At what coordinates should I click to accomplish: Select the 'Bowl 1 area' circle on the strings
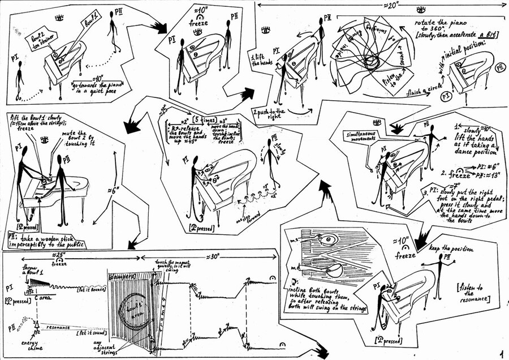pos(133,310)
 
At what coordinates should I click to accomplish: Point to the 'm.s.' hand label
pos(295,240)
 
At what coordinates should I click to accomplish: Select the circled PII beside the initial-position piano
pos(499,67)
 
